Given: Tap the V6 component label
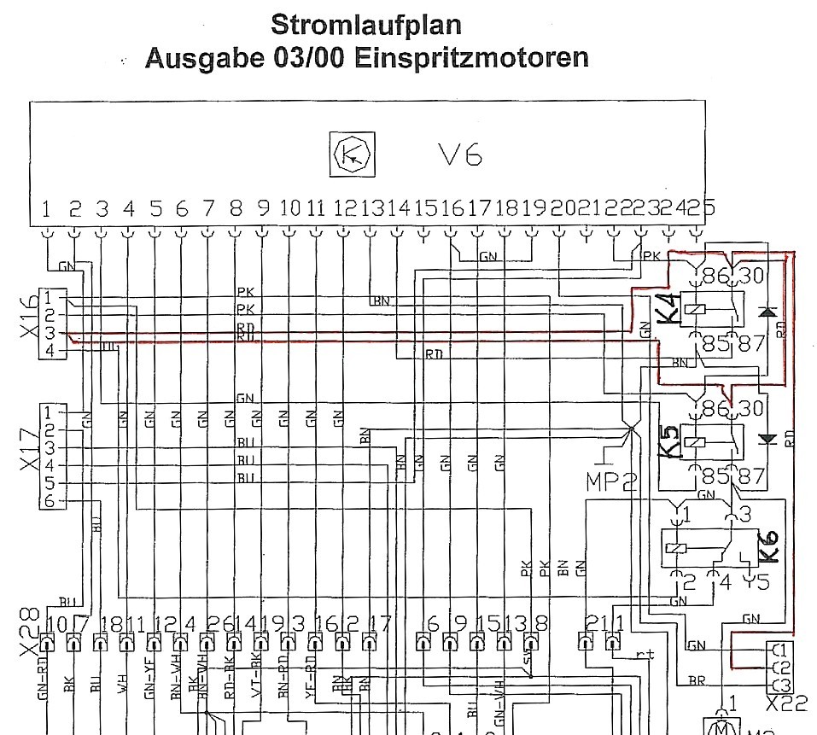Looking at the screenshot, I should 460,155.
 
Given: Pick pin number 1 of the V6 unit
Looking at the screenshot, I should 48,207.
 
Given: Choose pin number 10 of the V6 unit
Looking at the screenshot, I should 290,207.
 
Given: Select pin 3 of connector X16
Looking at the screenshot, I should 50,333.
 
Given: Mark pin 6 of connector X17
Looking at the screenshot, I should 50,501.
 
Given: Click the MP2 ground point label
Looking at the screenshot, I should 611,481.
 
